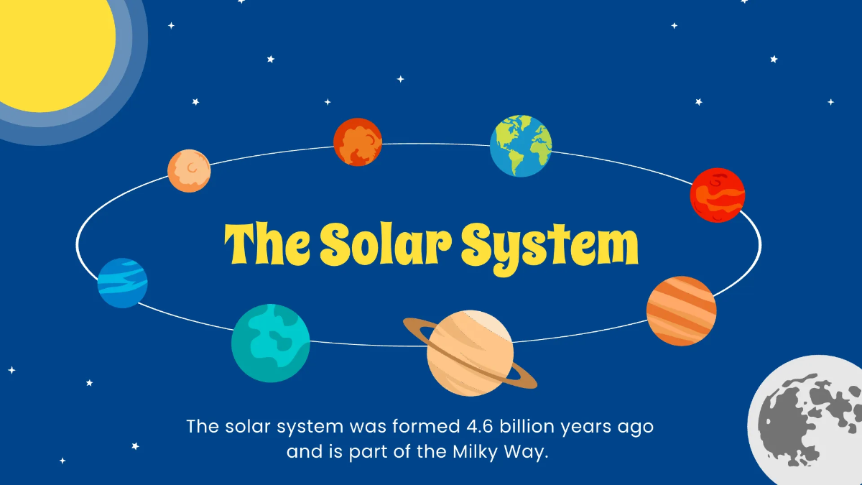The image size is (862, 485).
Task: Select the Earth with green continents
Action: [x=521, y=146]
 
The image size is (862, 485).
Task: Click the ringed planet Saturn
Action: [x=470, y=353]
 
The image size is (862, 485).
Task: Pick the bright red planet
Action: [x=717, y=195]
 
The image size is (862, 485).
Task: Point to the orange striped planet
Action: [x=681, y=310]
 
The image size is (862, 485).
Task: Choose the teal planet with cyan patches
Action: [x=270, y=343]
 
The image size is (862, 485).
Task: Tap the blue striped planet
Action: [x=123, y=282]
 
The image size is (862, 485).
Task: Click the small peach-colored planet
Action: [x=189, y=171]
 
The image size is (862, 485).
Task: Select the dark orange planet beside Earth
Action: [x=358, y=142]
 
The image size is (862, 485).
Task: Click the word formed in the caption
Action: [x=421, y=426]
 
